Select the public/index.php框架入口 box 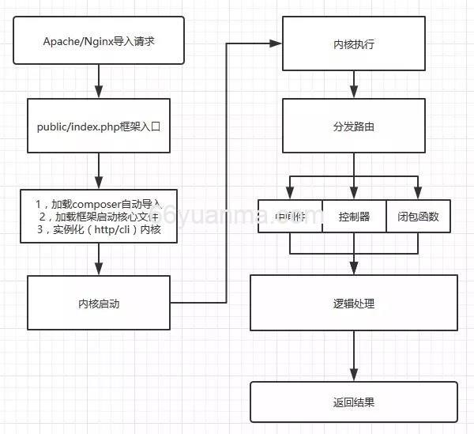coord(99,125)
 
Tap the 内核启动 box coord(99,303)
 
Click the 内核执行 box coord(353,44)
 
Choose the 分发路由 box coord(353,126)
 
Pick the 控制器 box coord(353,216)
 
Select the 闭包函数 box coord(418,216)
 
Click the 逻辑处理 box coord(353,303)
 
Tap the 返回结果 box coord(353,402)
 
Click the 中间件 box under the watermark coord(290,216)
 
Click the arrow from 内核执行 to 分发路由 coord(353,85)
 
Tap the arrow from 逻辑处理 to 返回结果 coord(353,356)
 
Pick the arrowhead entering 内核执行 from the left coord(277,43)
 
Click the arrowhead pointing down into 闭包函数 coord(418,194)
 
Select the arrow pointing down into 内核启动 coord(99,259)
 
